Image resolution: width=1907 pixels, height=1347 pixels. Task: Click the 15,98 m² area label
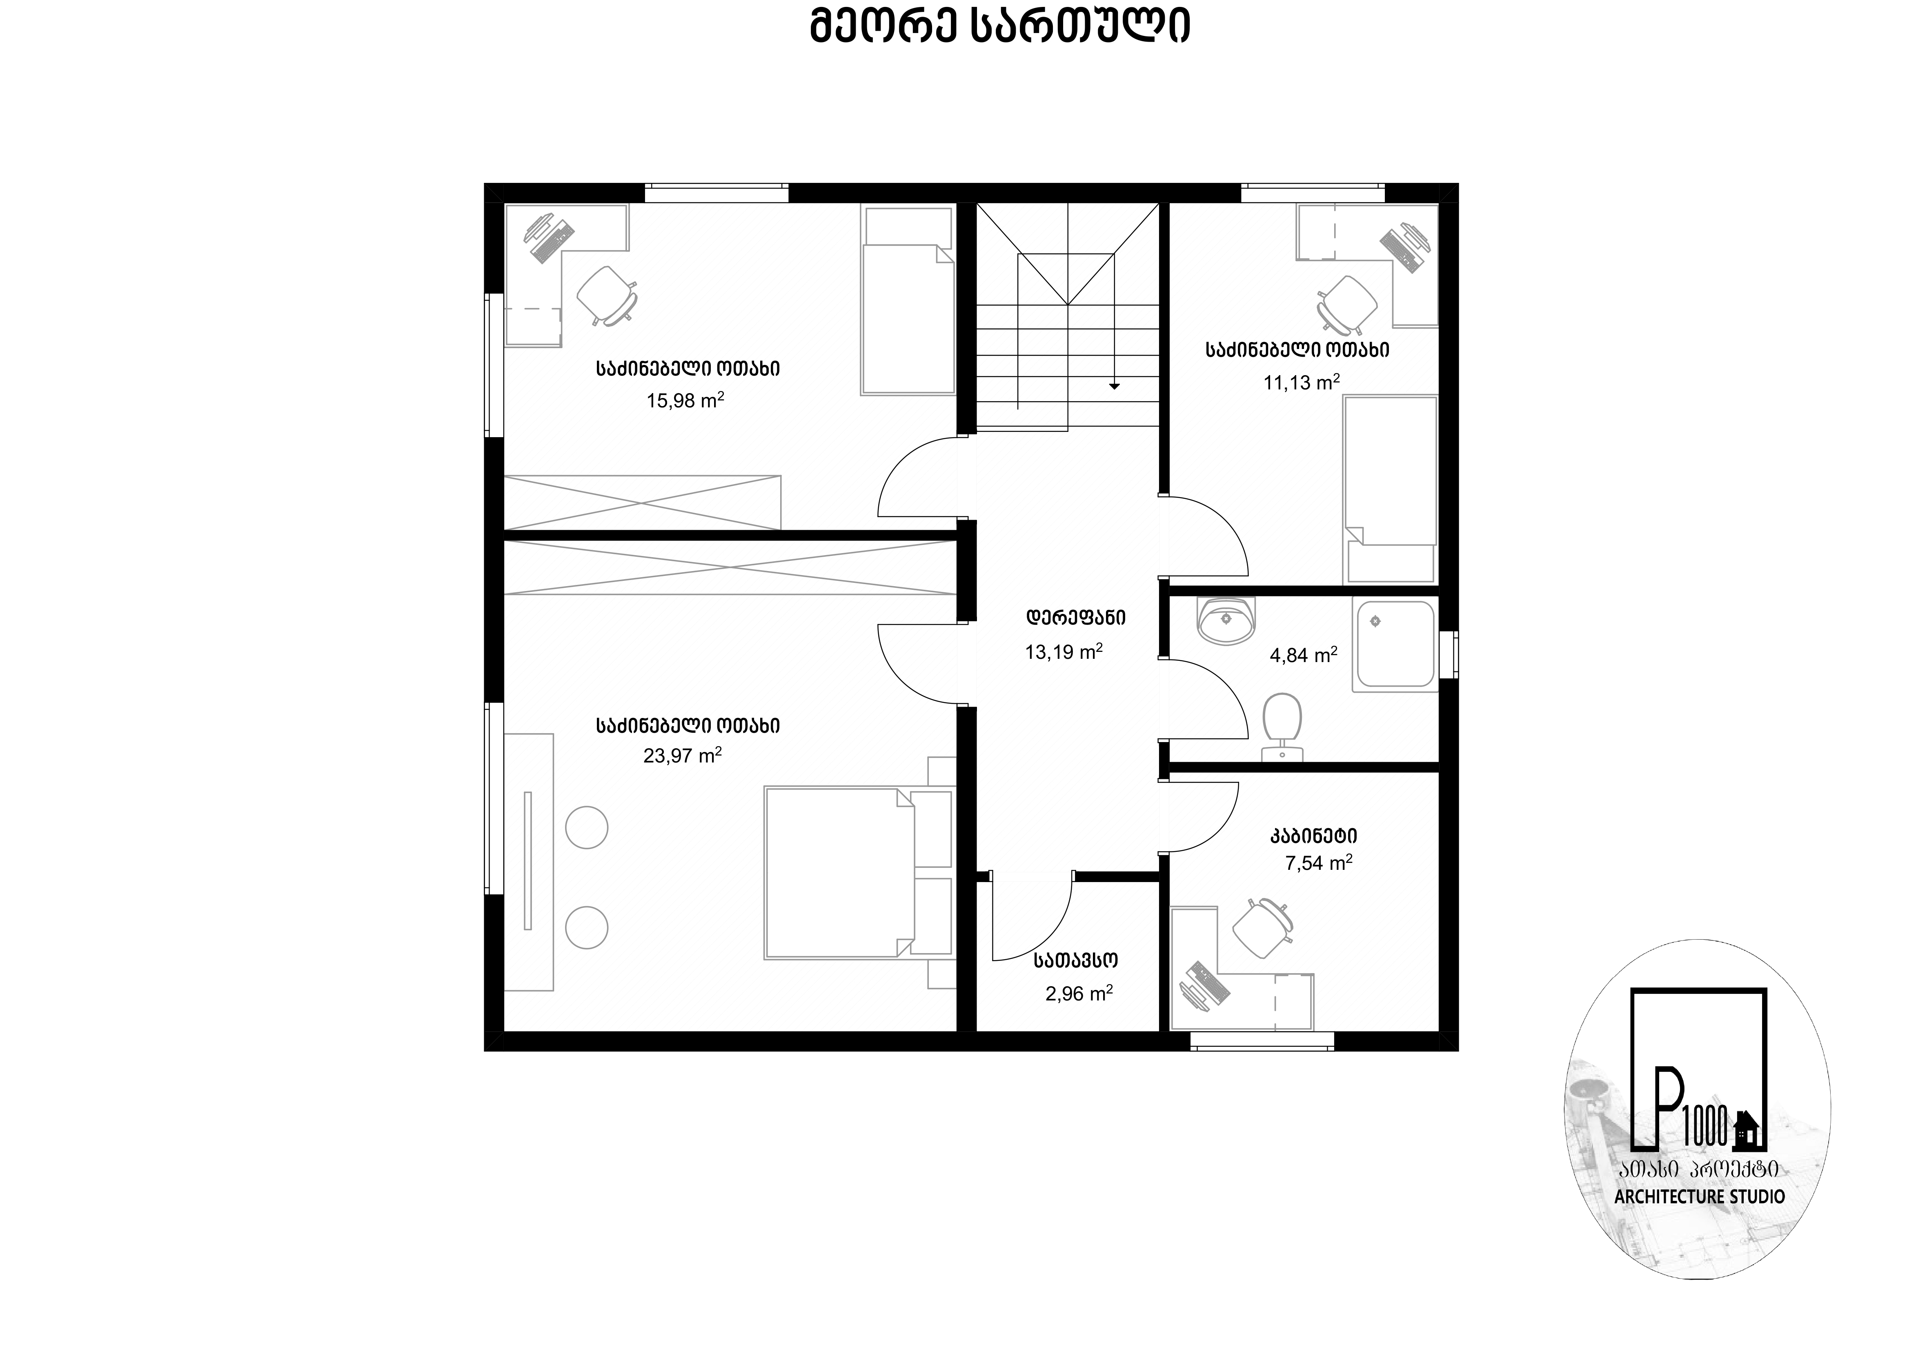(685, 400)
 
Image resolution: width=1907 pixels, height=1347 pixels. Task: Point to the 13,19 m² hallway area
(1064, 652)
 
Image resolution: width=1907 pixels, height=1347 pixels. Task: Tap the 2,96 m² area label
(1079, 993)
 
